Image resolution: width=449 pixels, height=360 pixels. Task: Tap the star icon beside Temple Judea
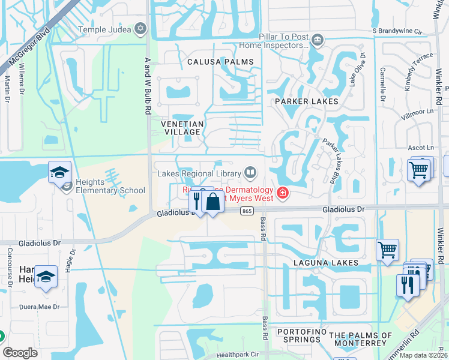pos(140,28)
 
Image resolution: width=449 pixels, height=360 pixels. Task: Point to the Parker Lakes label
pos(306,101)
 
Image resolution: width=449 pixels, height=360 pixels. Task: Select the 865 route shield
pos(247,211)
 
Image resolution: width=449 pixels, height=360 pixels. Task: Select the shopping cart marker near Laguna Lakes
pos(387,249)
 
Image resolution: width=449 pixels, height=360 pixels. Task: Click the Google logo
pos(20,353)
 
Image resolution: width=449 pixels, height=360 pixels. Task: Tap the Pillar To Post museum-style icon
pos(318,40)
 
